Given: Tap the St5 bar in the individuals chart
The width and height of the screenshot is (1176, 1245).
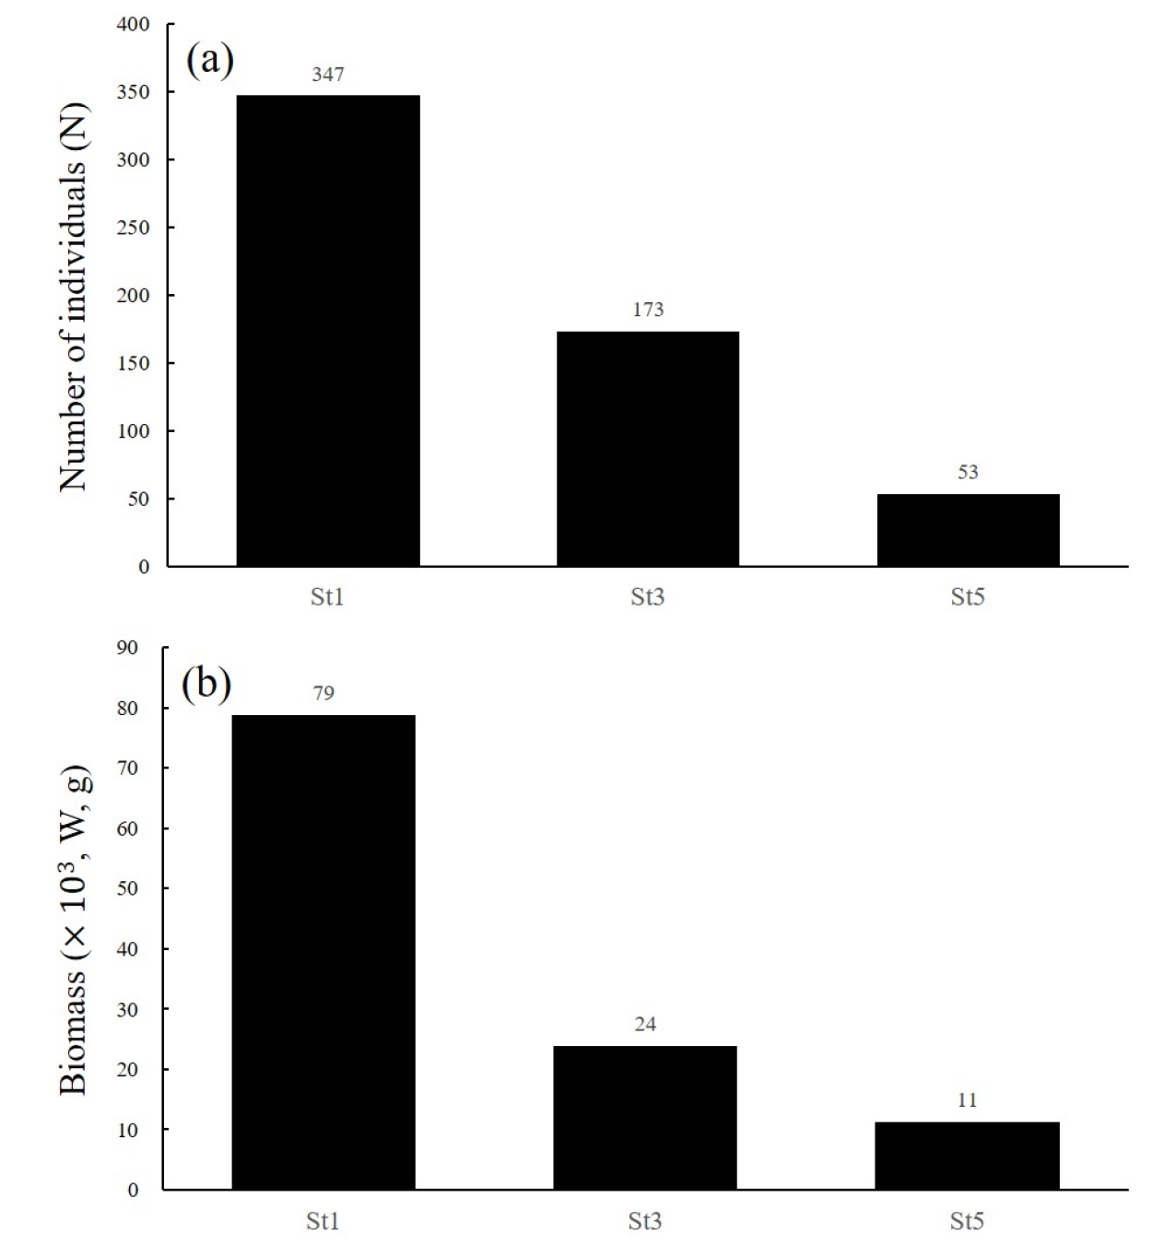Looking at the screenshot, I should tap(968, 530).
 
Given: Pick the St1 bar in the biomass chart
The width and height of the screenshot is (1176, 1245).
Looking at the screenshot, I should tap(323, 952).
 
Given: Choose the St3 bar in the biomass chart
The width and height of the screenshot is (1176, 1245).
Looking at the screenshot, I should tap(645, 1117).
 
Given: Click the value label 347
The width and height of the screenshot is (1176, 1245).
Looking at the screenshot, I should tap(328, 75).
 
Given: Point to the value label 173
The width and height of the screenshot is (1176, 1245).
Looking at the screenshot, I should tap(648, 310).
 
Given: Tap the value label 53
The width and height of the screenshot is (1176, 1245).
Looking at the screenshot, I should tap(968, 472).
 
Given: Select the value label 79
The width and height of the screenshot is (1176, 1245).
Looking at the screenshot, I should tap(323, 693).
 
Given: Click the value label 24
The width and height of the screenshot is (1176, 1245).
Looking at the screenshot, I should tap(645, 1024).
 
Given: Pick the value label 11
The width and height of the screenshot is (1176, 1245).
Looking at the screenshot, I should tap(967, 1099).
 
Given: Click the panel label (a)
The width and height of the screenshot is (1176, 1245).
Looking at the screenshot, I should tap(210, 61).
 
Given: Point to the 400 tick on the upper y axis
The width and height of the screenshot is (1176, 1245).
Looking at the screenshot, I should tap(133, 25).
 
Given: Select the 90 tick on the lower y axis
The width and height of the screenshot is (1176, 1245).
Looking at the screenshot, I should tap(127, 648).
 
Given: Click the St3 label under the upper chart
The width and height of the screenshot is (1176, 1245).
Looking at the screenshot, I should tap(648, 597).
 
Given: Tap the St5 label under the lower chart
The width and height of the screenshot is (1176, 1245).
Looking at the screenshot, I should tap(967, 1222).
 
